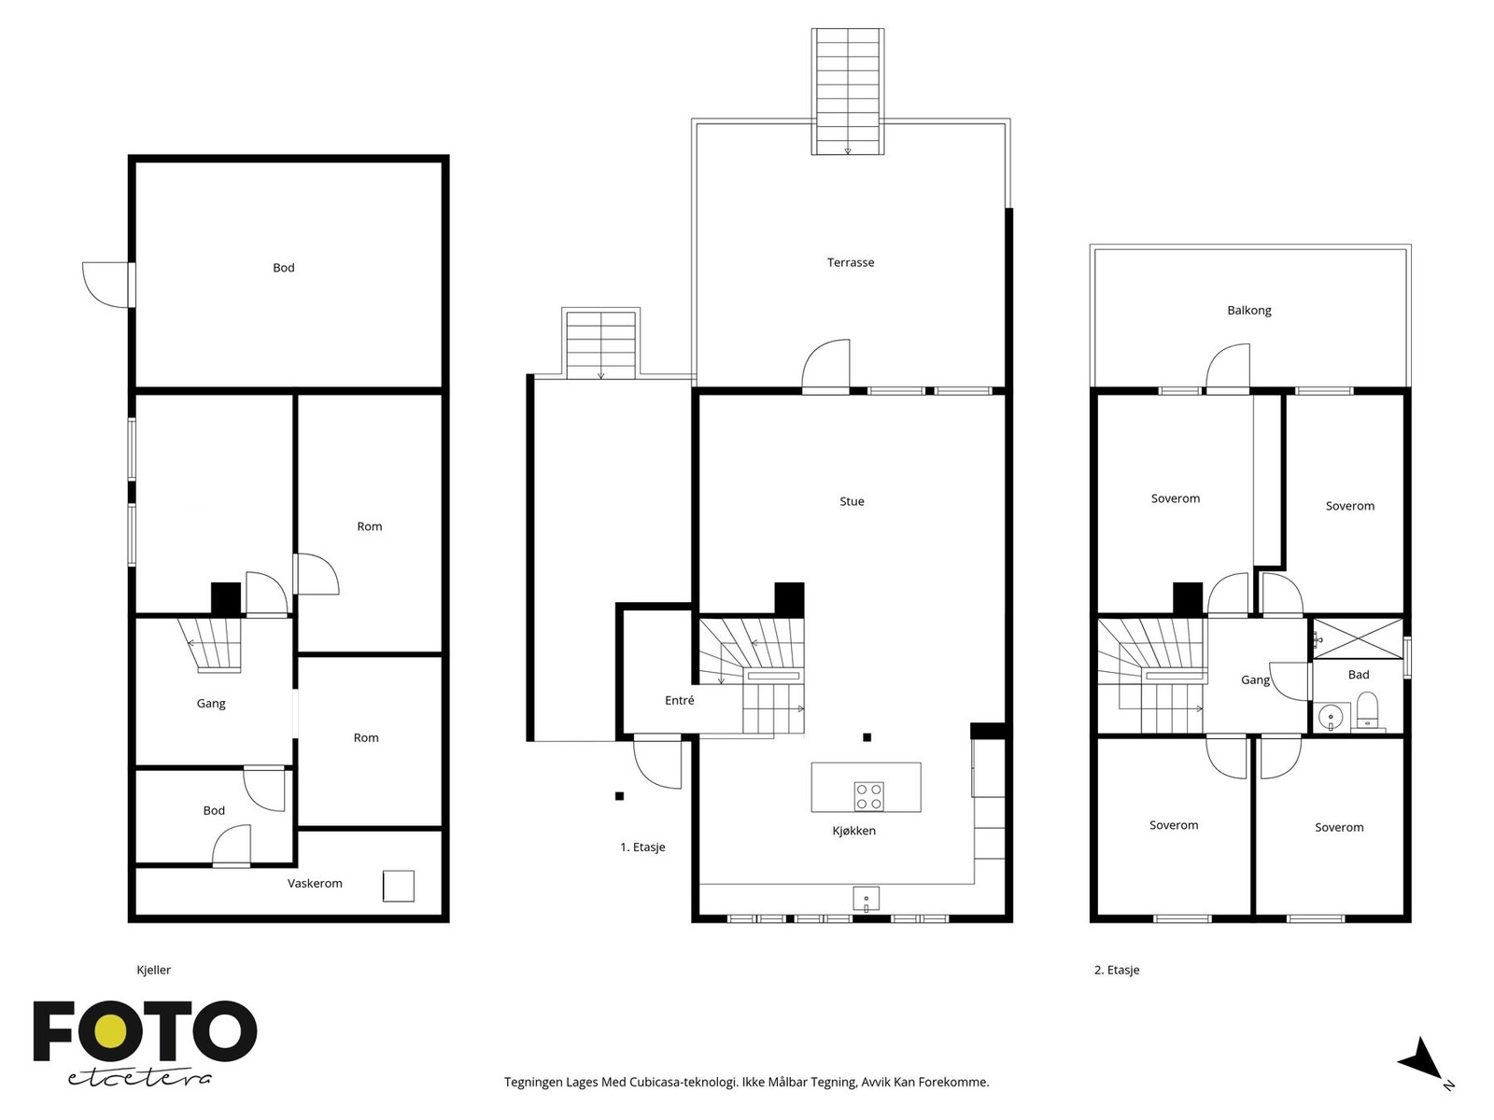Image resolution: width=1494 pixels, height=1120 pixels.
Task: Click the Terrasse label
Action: point(851,262)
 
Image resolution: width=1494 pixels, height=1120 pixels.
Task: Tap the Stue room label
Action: point(852,501)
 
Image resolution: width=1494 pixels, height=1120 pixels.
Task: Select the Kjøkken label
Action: point(853,831)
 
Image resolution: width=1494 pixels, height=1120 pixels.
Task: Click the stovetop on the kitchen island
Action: point(868,796)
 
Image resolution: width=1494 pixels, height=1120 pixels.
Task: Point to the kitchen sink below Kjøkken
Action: point(866,899)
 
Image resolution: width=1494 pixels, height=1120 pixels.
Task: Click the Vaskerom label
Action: point(315,883)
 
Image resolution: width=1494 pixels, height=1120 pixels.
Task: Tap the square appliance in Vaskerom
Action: point(399,886)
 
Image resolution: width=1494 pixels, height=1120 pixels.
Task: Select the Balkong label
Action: point(1248,310)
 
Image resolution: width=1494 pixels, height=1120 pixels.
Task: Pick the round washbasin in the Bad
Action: point(1330,717)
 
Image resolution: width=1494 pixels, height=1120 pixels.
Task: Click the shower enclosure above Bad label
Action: point(1358,638)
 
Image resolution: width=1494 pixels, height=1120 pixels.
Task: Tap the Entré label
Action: point(679,700)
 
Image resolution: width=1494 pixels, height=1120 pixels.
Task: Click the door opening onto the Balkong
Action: point(1229,369)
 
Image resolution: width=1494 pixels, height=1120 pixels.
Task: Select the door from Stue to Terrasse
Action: point(827,366)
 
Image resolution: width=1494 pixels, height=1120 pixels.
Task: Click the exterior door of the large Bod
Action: point(107,285)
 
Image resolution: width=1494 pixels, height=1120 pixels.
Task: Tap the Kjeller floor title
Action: point(153,970)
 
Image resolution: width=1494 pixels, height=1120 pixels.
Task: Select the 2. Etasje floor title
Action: point(1117,970)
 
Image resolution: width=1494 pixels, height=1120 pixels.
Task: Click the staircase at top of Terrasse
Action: point(848,91)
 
